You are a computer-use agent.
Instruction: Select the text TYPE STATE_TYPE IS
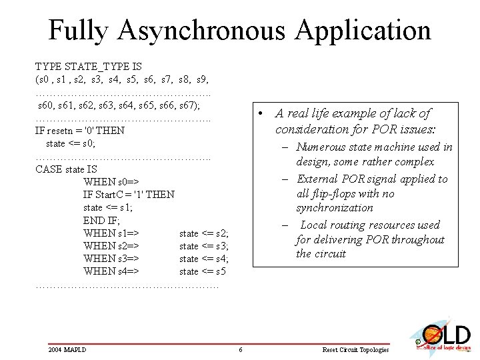(x=89, y=67)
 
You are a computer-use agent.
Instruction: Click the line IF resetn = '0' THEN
(x=80, y=131)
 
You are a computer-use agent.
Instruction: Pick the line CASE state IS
(x=66, y=169)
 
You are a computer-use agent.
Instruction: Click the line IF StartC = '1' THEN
(x=129, y=195)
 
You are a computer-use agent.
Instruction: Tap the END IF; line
(x=102, y=221)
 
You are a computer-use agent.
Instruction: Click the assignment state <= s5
(x=203, y=271)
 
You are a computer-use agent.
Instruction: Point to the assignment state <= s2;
(x=204, y=233)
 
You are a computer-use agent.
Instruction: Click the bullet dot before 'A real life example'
(x=263, y=113)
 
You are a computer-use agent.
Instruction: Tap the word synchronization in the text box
(x=335, y=208)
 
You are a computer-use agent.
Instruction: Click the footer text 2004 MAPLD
(x=67, y=349)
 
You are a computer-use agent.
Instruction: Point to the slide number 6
(x=240, y=350)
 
